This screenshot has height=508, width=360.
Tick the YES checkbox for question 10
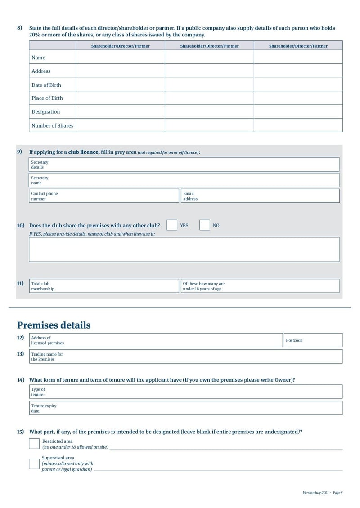(x=171, y=225)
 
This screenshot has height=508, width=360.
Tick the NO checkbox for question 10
(x=205, y=225)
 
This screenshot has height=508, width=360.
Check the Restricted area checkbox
(x=34, y=444)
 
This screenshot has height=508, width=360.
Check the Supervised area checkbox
(x=34, y=463)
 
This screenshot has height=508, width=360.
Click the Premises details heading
(x=54, y=325)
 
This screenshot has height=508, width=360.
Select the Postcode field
(x=313, y=340)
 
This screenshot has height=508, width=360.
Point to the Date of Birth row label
(x=46, y=85)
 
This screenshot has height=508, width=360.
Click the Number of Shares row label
(x=52, y=125)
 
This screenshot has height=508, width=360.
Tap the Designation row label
(x=45, y=111)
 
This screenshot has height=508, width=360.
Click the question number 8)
(x=20, y=28)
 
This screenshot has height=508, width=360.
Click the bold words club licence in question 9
(x=83, y=152)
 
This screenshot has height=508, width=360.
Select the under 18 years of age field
(x=260, y=286)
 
